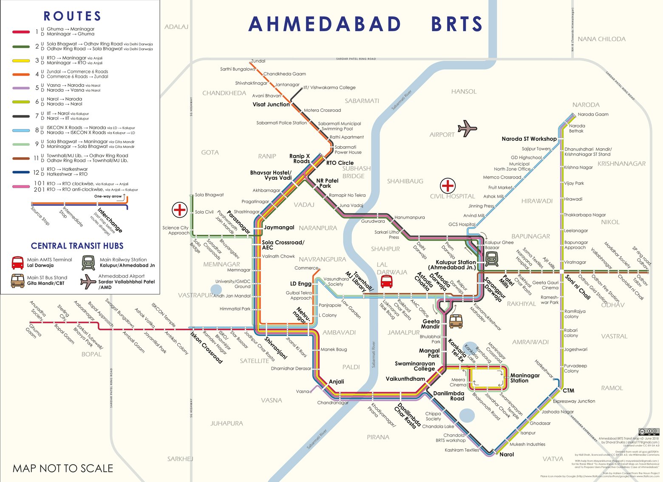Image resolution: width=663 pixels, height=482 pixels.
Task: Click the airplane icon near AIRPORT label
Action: [467, 128]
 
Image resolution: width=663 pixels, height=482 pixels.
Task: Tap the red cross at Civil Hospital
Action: [448, 186]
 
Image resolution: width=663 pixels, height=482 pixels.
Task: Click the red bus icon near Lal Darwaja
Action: [386, 281]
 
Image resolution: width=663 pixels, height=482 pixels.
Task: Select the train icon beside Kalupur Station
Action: [492, 258]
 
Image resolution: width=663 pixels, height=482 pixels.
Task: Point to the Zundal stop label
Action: [258, 61]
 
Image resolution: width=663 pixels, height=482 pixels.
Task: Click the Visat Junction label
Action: [271, 105]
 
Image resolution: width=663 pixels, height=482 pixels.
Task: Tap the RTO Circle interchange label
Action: [340, 163]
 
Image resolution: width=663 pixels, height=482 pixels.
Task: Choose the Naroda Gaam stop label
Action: [593, 114]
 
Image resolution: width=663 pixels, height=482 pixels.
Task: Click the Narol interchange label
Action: [507, 454]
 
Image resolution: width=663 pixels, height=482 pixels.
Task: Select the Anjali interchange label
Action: [336, 382]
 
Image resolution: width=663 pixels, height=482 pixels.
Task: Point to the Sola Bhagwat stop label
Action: [209, 195]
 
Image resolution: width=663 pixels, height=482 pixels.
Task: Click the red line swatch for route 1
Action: [21, 32]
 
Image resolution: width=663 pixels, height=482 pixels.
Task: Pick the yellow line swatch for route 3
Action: [21, 61]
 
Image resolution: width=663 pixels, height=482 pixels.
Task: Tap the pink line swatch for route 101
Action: [21, 187]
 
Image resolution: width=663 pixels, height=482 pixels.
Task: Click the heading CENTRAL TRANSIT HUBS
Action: [77, 246]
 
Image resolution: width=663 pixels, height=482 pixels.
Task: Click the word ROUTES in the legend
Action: [72, 16]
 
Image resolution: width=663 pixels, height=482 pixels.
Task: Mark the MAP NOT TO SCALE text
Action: [63, 468]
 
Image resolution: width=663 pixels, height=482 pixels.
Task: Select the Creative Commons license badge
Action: [649, 432]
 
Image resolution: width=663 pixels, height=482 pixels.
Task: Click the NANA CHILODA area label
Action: [601, 39]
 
